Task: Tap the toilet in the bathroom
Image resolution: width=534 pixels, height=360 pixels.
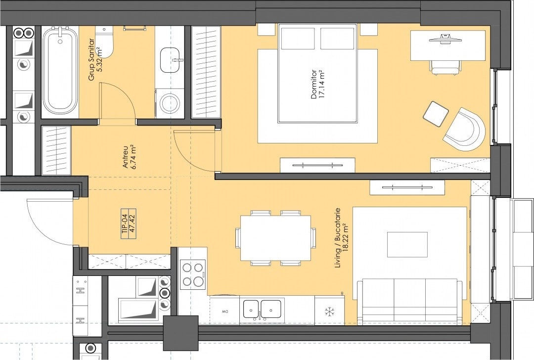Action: click(x=104, y=42)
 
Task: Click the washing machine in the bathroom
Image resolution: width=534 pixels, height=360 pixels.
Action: click(x=170, y=103)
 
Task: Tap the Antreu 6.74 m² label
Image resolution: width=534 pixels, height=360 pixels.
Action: click(x=130, y=157)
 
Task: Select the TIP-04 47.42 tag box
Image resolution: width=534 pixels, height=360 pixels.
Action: click(x=129, y=224)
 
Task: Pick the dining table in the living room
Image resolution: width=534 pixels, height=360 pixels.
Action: click(x=276, y=238)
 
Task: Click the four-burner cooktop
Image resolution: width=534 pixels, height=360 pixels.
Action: click(x=193, y=274)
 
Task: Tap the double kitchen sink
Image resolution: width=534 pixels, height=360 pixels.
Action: click(x=262, y=310)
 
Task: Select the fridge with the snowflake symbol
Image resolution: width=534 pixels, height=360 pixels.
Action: click(x=329, y=310)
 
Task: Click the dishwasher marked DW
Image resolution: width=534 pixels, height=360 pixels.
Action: click(x=224, y=310)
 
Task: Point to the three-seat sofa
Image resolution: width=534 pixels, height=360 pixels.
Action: click(x=409, y=302)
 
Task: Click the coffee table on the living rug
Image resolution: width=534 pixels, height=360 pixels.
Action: click(x=407, y=245)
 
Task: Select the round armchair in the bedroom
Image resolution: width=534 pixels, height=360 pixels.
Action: click(x=464, y=130)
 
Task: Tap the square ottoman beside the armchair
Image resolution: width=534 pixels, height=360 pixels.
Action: click(x=436, y=114)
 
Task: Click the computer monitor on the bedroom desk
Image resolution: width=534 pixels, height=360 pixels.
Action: click(x=445, y=38)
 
